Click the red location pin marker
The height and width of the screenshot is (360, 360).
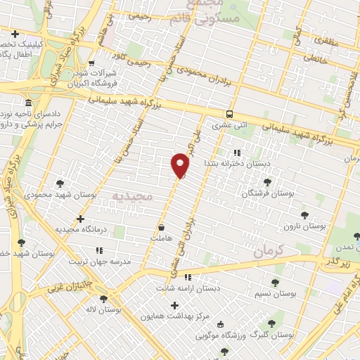(180, 166)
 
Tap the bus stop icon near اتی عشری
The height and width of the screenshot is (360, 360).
(229, 115)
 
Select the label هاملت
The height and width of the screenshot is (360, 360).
(161, 238)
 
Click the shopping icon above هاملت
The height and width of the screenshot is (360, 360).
(162, 228)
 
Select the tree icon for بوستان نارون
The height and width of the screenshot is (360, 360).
(304, 215)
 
